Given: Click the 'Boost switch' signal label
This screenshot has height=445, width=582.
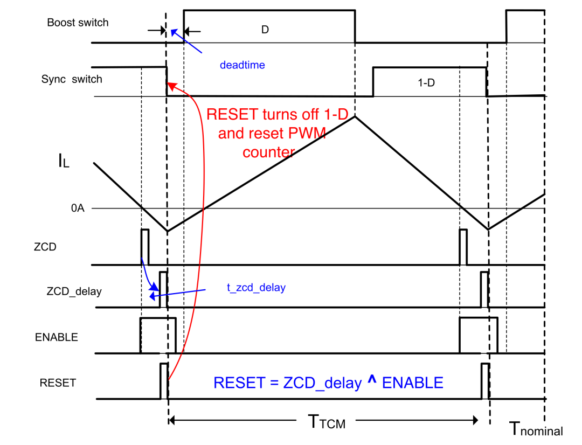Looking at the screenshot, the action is (78, 23).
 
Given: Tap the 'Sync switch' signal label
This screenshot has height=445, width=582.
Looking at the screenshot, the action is (72, 79).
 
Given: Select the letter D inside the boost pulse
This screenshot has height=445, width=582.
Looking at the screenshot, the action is (265, 30).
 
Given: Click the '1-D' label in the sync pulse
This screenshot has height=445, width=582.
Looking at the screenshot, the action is (426, 83).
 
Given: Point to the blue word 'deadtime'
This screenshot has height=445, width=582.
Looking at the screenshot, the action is (242, 65).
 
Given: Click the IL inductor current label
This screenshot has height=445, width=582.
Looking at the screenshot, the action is (64, 161).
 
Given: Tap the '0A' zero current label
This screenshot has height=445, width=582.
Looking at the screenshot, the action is (78, 208).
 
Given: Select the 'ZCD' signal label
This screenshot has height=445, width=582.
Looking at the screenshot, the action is (45, 247).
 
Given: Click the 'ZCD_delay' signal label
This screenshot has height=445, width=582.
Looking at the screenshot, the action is (74, 291).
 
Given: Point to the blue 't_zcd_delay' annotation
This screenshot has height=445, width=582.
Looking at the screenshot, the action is (256, 288).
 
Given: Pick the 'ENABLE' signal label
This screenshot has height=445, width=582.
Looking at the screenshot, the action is (57, 337).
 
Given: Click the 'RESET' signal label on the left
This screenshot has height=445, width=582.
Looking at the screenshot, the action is (58, 383).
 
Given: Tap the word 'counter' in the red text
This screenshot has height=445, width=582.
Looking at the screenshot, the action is (269, 152).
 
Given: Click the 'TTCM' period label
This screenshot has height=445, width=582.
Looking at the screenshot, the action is (327, 422).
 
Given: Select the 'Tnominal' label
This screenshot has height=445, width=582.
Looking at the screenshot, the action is (536, 429).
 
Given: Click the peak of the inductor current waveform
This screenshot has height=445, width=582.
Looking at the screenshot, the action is (355, 116).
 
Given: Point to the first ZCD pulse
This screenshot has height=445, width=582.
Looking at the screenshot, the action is (145, 247).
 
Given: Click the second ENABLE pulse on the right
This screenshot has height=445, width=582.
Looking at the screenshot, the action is (479, 335).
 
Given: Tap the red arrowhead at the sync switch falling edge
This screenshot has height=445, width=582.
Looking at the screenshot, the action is (171, 87).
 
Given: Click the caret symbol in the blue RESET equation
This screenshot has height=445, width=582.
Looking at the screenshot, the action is (372, 379).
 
